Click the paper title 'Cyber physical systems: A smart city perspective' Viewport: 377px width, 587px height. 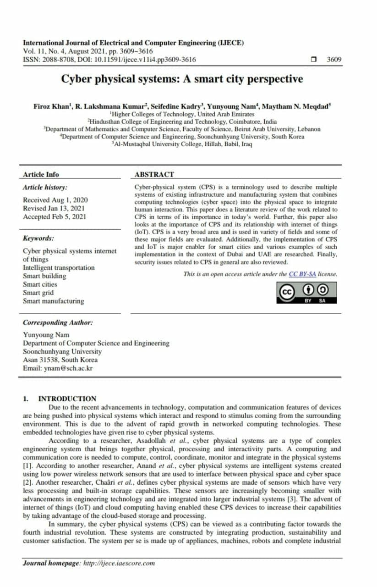tap(182, 79)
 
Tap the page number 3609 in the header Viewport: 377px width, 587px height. tap(334, 60)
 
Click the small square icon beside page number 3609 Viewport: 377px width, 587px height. tap(314, 59)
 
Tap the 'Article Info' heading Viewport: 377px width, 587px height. tap(41, 174)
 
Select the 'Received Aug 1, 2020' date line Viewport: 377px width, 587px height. tap(55, 200)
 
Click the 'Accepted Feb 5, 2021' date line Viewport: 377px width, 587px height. tap(54, 217)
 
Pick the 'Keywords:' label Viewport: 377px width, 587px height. tap(38, 238)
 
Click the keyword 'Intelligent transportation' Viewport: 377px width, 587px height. tap(59, 268)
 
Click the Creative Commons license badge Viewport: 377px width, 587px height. tap(307, 292)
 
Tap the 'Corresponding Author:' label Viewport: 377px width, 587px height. tap(58, 322)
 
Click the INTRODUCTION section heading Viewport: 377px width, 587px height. tap(67, 399)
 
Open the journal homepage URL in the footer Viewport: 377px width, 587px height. tap(119, 563)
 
